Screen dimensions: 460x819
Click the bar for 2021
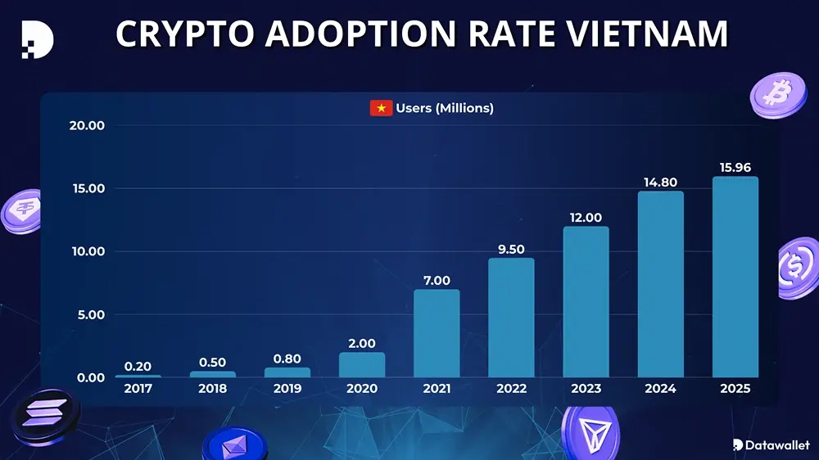tap(437, 333)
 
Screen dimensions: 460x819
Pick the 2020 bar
tap(362, 364)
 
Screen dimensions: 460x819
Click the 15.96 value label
tap(735, 167)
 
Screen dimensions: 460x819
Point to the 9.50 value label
tap(511, 249)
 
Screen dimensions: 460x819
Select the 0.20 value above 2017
tap(138, 366)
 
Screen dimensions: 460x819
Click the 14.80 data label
tap(660, 182)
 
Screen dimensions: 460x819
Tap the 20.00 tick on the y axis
tap(87, 125)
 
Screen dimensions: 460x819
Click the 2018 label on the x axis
tap(212, 389)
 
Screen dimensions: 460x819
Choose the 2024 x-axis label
tap(660, 389)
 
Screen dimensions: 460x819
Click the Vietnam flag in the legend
tap(381, 108)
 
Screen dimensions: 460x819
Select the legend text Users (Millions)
tap(445, 108)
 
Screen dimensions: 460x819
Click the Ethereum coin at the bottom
tap(234, 445)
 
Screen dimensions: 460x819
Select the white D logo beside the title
tap(38, 38)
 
